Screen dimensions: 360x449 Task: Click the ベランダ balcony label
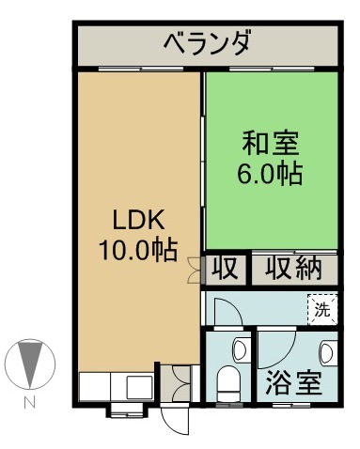[x=208, y=43]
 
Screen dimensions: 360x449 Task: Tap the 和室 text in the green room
[x=270, y=144]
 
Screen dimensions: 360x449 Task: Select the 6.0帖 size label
[x=270, y=173]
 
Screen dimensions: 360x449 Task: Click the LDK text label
[x=138, y=220]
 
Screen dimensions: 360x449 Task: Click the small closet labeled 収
[x=226, y=269]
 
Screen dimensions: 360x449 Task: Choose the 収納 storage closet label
[x=293, y=269]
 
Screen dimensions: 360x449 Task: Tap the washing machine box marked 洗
[x=322, y=309]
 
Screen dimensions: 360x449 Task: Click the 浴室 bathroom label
[x=293, y=382]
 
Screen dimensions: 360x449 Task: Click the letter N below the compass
[x=30, y=402]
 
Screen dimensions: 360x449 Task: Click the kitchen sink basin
[x=139, y=387]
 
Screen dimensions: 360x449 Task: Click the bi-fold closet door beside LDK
[x=194, y=271]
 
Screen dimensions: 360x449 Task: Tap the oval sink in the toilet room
[x=240, y=350]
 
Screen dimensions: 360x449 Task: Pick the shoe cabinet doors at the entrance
[x=180, y=382]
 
